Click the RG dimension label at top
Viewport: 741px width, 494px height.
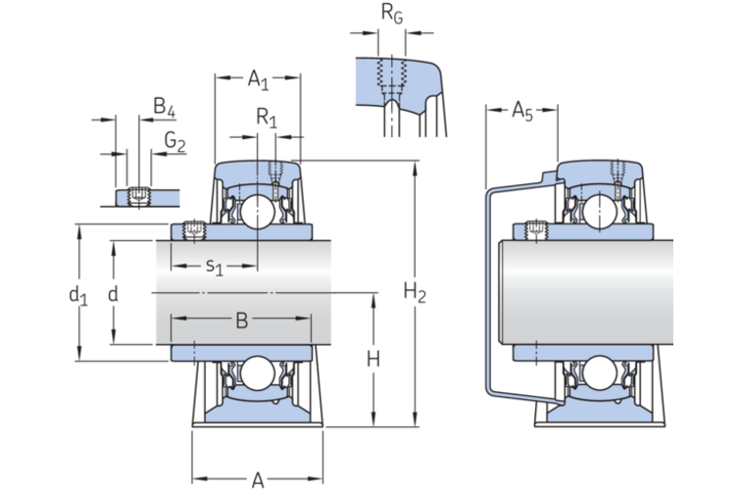(x=392, y=14)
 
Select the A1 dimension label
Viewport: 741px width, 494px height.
(x=258, y=79)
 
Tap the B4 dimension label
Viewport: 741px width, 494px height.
(x=164, y=107)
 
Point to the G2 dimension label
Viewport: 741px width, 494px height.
(x=174, y=141)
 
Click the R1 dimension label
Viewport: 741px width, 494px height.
(x=266, y=118)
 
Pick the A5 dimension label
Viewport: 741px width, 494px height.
(x=522, y=112)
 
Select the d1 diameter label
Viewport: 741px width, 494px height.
(x=78, y=296)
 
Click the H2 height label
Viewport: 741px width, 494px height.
(x=415, y=292)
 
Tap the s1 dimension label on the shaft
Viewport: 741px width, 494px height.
(x=214, y=267)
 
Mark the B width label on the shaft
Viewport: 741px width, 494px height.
(x=241, y=321)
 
